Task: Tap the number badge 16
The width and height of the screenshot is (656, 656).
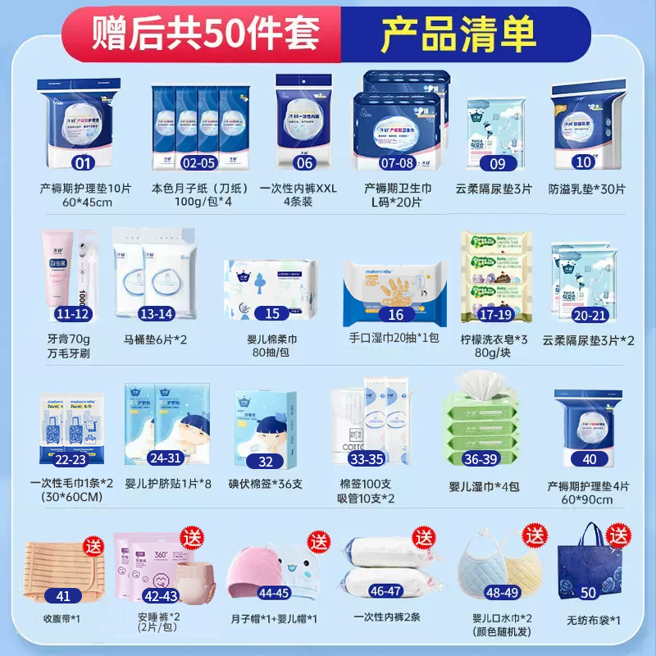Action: pyautogui.click(x=396, y=313)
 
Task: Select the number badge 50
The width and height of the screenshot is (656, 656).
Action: pyautogui.click(x=587, y=592)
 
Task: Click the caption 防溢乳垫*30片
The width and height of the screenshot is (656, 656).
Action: pyautogui.click(x=586, y=188)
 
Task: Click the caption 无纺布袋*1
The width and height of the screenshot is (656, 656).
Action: pyautogui.click(x=589, y=618)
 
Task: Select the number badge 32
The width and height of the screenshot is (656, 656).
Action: pyautogui.click(x=265, y=462)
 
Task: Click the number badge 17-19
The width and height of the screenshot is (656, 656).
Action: pyautogui.click(x=496, y=313)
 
